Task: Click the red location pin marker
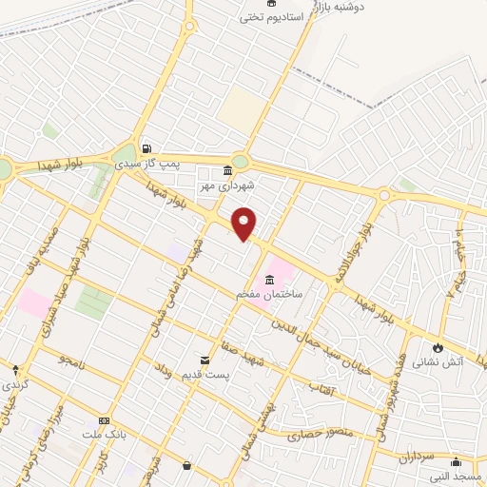[244, 223]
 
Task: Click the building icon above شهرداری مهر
[226, 171]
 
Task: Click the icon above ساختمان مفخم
[271, 280]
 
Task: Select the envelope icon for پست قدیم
[205, 360]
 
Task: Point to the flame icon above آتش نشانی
[438, 347]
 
